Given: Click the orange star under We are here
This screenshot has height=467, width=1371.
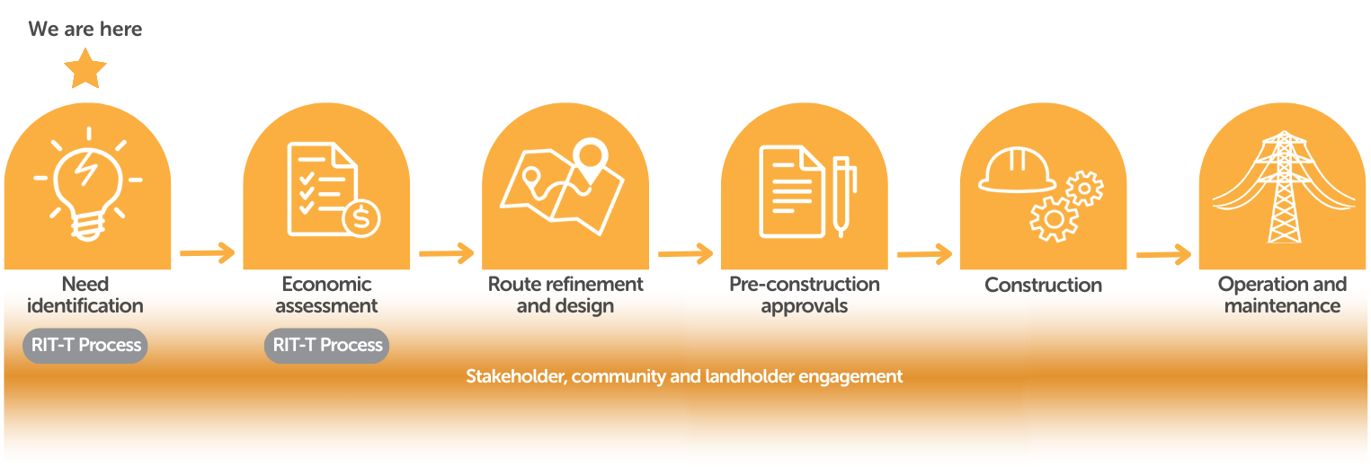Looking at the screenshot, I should [85, 70].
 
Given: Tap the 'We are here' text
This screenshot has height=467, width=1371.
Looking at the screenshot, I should [85, 29].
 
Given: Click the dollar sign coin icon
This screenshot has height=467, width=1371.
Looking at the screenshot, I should [361, 218].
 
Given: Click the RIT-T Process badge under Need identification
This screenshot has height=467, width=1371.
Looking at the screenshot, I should [86, 346].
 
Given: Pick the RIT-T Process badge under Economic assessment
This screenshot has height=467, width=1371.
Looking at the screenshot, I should [327, 346].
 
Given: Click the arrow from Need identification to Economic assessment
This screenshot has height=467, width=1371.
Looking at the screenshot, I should [207, 253].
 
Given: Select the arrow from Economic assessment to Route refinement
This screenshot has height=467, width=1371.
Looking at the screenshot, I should [446, 253].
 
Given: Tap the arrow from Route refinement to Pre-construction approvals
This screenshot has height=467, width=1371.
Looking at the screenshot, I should [685, 253].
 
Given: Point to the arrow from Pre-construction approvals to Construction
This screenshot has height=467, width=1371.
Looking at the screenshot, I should [924, 254].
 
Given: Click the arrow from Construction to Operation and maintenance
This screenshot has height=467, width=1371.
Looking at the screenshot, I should [1163, 254].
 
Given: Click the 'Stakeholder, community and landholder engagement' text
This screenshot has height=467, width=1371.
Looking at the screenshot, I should [684, 376].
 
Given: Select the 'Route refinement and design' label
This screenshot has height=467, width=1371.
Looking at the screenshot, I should [565, 295].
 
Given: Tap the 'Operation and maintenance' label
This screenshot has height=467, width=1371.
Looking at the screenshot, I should [1282, 295].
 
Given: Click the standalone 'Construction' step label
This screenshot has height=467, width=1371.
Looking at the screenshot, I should [1043, 286].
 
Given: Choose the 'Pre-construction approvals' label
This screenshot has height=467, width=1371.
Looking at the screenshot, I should [805, 295].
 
